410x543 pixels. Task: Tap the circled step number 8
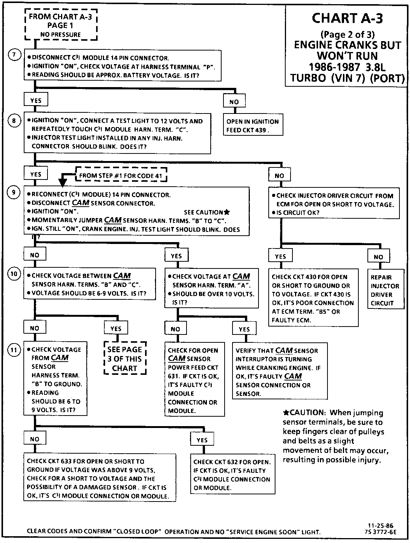point(14,121)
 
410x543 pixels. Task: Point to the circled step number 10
point(14,274)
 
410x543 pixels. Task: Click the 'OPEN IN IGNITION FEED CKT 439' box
point(252,126)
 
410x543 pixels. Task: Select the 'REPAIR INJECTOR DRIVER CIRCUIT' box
point(382,290)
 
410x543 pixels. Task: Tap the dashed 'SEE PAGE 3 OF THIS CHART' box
point(125,359)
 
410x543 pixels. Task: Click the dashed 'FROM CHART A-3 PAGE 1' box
point(60,25)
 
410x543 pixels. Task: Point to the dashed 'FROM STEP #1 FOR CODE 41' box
point(121,176)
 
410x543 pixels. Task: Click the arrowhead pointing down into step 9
point(63,183)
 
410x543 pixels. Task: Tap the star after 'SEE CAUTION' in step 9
point(226,212)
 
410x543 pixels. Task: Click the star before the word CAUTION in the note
point(286,413)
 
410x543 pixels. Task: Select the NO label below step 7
point(234,102)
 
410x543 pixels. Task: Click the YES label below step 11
point(202,440)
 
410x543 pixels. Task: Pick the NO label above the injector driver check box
point(279,175)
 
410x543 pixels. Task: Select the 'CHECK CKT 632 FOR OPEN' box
point(232,475)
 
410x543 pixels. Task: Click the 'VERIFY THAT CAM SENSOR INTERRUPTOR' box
point(280,372)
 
